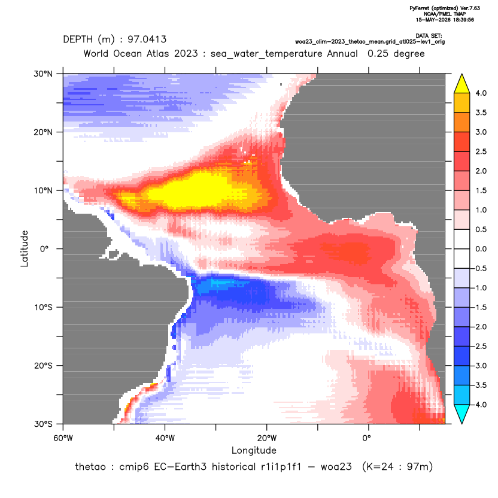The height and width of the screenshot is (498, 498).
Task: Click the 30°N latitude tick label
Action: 43,74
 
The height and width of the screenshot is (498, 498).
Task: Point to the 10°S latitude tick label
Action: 43,308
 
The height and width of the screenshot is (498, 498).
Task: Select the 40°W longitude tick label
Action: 165,438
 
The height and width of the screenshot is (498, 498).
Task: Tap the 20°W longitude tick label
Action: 267,438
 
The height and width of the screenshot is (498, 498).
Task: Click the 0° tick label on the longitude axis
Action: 366,438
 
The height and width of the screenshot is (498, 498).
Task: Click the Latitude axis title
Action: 25,248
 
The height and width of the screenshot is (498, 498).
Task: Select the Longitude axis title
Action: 254,450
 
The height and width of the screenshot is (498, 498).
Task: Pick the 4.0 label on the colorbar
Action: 481,93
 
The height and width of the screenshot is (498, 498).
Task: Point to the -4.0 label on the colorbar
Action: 479,405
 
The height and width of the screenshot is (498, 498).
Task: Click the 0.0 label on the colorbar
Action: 481,249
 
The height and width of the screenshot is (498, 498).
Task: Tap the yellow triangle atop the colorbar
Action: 462,84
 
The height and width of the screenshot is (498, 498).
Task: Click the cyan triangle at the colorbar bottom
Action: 462,414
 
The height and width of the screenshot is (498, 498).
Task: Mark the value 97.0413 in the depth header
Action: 147,40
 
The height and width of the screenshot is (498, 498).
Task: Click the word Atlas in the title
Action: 157,53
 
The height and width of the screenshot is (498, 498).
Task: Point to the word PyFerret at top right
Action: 420,8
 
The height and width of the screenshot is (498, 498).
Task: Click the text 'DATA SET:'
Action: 429,36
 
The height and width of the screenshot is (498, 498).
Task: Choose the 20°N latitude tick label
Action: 43,132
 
